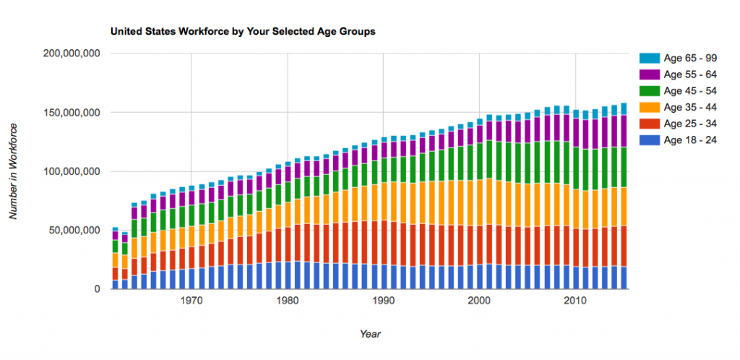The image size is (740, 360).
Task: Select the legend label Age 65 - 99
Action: point(690,58)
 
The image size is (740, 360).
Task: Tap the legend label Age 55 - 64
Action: point(690,74)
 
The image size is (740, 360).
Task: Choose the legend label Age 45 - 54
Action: point(690,90)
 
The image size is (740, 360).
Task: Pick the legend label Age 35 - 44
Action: point(690,107)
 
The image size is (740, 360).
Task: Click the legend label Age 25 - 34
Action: point(690,124)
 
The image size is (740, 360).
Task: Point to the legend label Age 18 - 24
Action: point(690,140)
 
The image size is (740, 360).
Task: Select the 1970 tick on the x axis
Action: point(191,301)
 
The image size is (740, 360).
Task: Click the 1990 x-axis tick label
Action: point(383,301)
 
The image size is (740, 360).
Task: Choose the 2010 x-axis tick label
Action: point(575,301)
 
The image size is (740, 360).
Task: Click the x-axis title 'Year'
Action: point(370,334)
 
